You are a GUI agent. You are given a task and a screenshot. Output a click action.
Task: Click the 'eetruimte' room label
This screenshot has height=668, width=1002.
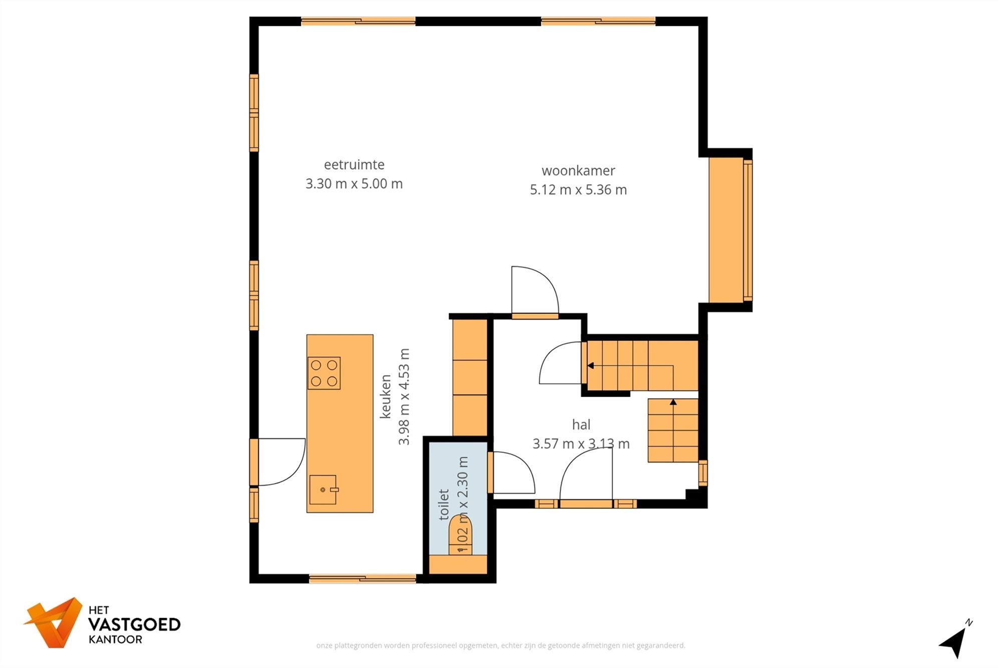(x=354, y=165)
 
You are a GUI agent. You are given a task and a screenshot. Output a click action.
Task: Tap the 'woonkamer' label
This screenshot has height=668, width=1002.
(x=578, y=171)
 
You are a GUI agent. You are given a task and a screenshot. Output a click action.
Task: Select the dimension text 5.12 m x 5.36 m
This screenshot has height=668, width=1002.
(x=578, y=190)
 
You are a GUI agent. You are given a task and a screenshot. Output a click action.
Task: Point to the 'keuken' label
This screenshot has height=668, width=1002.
(x=385, y=396)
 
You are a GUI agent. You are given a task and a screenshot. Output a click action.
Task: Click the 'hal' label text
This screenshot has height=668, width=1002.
(x=581, y=425)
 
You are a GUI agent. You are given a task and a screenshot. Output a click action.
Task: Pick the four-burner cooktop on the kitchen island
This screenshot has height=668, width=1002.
(x=324, y=373)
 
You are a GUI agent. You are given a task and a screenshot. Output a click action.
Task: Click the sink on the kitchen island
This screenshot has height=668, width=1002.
(x=323, y=490)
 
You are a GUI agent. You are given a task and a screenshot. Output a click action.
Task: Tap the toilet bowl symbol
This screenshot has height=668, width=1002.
(x=460, y=535)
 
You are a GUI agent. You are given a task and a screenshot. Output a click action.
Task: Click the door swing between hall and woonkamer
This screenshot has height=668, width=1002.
(x=534, y=291)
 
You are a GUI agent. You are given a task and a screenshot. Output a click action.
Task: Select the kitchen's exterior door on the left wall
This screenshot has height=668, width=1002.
(x=278, y=462)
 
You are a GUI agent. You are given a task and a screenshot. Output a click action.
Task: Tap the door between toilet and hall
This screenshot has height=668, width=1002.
(x=512, y=473)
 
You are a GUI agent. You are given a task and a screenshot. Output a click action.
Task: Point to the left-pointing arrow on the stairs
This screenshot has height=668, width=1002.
(x=591, y=366)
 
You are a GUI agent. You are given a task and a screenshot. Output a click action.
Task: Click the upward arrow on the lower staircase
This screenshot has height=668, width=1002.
(x=673, y=402)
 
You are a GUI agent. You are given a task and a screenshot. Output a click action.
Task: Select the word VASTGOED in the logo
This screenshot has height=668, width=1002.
(x=134, y=624)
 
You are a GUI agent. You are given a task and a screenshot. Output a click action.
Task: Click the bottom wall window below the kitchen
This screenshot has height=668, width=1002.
(x=362, y=579)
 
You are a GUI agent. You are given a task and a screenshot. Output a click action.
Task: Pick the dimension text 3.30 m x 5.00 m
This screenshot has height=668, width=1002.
(x=354, y=184)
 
